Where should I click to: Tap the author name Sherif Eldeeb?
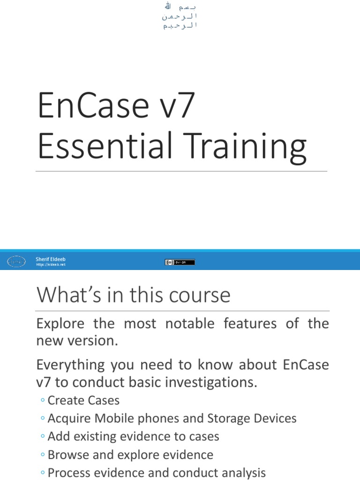51,259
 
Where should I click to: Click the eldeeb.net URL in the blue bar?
51,265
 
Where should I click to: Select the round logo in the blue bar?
16,262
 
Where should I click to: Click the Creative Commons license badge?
180,262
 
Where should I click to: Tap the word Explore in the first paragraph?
60,324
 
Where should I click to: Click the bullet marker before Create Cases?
43,400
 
